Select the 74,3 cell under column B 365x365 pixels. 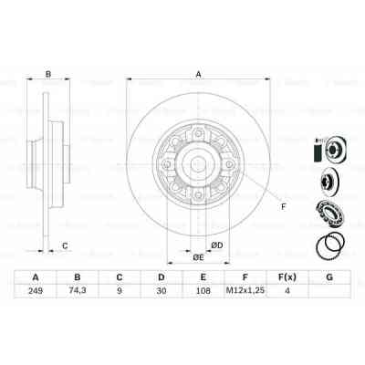point(79,292)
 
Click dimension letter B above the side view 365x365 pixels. point(48,76)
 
